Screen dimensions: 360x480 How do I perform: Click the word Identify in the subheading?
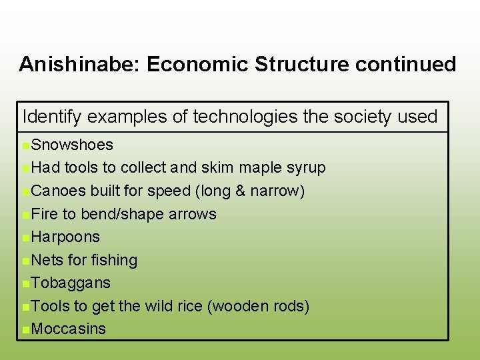(52, 117)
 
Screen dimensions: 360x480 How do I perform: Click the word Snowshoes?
(72, 145)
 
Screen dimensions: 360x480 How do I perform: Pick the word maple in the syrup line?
(260, 168)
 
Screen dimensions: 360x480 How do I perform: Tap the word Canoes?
(59, 191)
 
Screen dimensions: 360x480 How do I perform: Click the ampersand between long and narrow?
(239, 191)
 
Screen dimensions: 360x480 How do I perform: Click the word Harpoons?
(65, 237)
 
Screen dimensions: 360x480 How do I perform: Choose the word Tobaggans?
(71, 283)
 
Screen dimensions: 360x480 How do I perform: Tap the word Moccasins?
(69, 329)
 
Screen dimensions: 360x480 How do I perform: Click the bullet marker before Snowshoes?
(25, 145)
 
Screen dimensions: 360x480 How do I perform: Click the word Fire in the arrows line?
(44, 214)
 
